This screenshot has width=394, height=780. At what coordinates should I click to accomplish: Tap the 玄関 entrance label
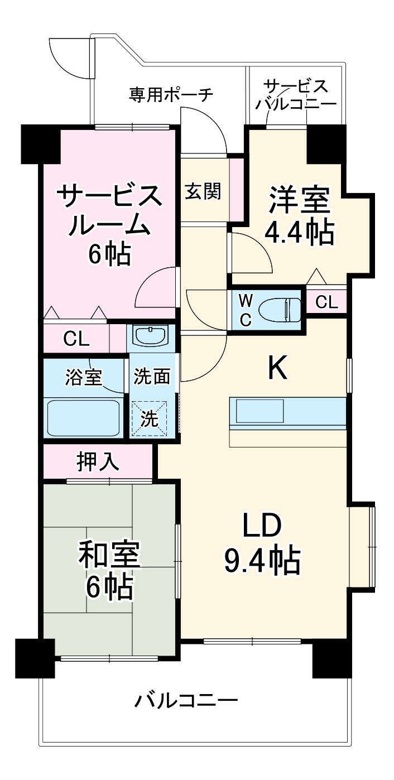pyautogui.click(x=203, y=191)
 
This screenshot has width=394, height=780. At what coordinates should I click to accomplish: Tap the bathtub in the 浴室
pyautogui.click(x=83, y=417)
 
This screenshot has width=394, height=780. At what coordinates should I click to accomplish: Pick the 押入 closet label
pyautogui.click(x=98, y=461)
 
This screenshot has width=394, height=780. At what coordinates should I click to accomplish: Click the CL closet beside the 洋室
pyautogui.click(x=326, y=302)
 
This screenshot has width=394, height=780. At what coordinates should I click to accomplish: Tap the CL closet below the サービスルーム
pyautogui.click(x=76, y=339)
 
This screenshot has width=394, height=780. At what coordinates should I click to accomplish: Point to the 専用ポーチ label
pyautogui.click(x=171, y=95)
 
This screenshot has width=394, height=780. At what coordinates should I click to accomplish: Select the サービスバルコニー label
pyautogui.click(x=296, y=95)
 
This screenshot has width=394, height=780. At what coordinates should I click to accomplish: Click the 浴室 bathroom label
pyautogui.click(x=84, y=377)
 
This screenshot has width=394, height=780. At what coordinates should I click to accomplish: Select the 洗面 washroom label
pyautogui.click(x=151, y=377)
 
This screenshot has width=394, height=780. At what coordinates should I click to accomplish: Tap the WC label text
pyautogui.click(x=246, y=310)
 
